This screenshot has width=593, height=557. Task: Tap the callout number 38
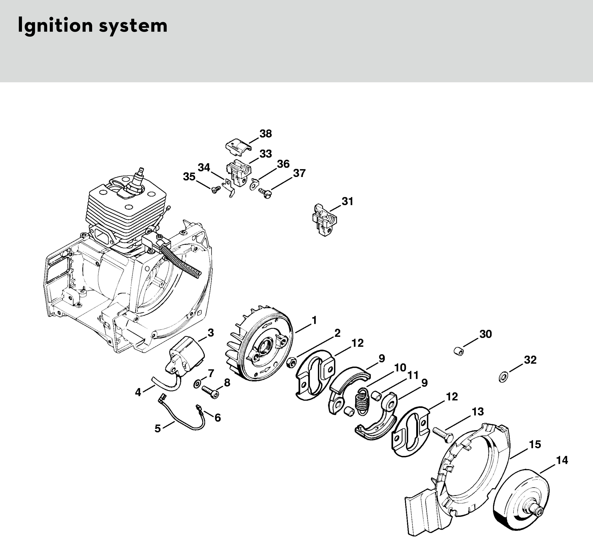click(265, 134)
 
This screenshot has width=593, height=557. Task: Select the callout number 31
click(347, 201)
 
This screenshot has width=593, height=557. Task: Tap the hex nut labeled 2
click(291, 363)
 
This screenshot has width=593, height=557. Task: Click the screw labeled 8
click(211, 391)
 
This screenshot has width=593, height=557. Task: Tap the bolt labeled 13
click(443, 434)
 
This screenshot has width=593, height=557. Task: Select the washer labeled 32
click(503, 377)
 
